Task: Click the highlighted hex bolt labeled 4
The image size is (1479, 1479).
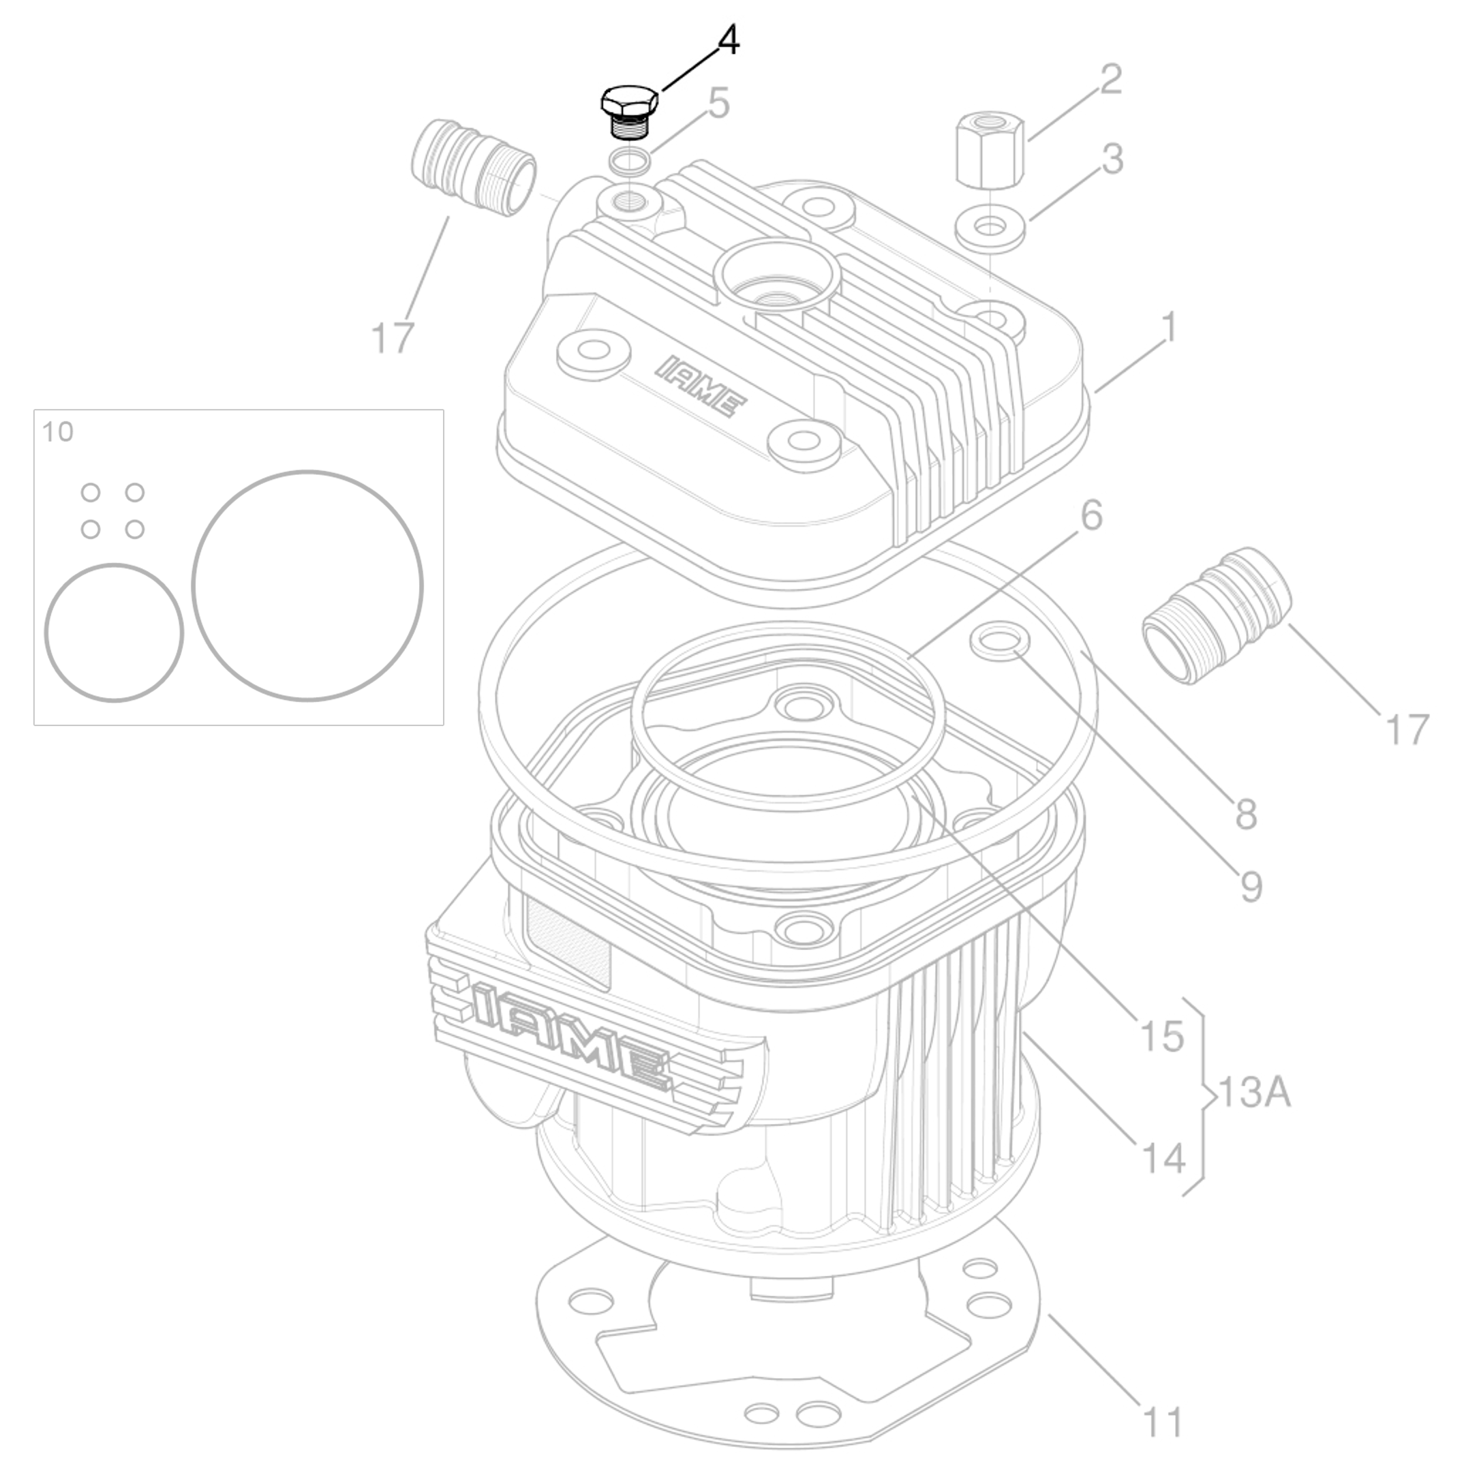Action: [x=628, y=111]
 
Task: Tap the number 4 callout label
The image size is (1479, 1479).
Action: [x=728, y=41]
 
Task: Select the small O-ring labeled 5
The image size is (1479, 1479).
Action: [x=631, y=162]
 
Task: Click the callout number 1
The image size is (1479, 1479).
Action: [x=1168, y=328]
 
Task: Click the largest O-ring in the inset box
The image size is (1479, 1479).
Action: [x=307, y=585]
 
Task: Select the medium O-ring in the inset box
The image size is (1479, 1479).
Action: [x=113, y=633]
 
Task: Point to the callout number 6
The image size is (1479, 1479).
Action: [x=1091, y=516]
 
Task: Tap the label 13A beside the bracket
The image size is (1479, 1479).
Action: [x=1253, y=1093]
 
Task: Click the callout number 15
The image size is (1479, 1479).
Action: [x=1161, y=1037]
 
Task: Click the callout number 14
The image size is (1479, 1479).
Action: [x=1163, y=1157]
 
